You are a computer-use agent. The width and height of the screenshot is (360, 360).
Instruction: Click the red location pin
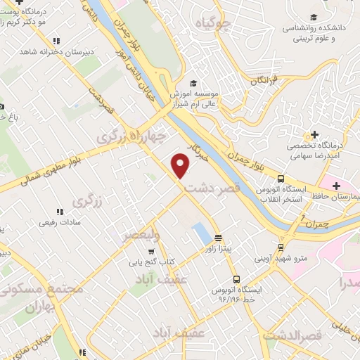[x=181, y=165]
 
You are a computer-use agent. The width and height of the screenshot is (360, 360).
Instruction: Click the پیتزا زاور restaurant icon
[x=218, y=238]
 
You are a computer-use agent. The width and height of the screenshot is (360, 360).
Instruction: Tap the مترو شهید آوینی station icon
[x=281, y=247]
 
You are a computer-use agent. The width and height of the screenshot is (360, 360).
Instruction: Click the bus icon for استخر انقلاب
[x=281, y=179]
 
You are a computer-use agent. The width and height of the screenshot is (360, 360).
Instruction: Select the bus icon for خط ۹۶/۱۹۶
[x=236, y=278]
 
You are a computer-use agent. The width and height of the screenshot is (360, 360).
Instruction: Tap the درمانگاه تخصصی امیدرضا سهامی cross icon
[x=314, y=134]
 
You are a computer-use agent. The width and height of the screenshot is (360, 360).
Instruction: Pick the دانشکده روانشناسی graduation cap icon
[x=314, y=18]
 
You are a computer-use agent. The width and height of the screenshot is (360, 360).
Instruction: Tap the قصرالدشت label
[x=292, y=335]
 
